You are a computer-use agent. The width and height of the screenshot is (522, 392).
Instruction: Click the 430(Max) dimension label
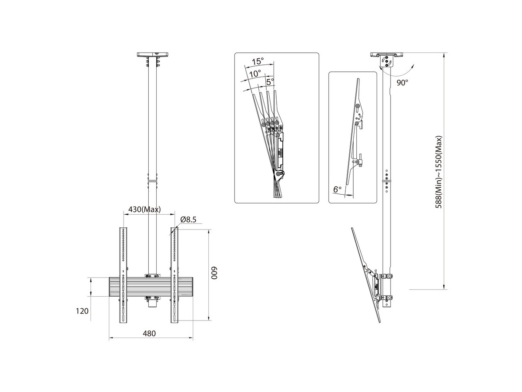tap(144, 209)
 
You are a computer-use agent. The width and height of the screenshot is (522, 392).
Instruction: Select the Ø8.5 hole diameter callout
tap(188, 220)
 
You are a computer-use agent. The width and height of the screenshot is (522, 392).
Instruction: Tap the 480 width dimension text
tap(149, 334)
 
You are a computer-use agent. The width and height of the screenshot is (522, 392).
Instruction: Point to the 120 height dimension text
tap(82, 311)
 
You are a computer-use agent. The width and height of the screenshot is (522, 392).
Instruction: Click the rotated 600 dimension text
tap(214, 273)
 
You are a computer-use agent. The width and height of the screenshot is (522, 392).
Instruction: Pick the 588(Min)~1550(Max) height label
tap(438, 172)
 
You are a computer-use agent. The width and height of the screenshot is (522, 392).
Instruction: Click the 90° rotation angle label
tap(402, 83)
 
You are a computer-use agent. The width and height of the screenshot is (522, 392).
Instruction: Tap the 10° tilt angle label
tap(255, 74)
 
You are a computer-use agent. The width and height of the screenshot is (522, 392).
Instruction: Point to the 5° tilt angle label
tap(270, 82)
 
